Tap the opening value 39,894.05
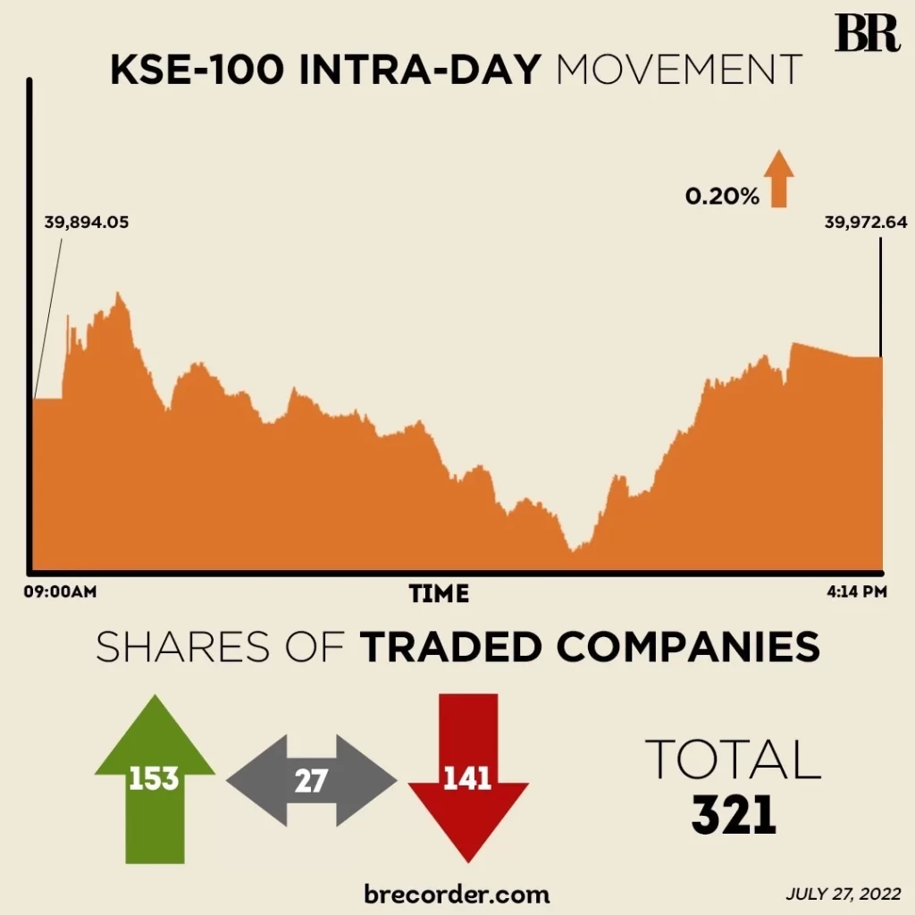[87, 222]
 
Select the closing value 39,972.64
[852, 222]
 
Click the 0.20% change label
[722, 197]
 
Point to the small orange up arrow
[778, 179]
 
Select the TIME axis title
[439, 593]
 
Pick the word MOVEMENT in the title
[679, 71]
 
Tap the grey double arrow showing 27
[311, 781]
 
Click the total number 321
[733, 815]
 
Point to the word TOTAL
[733, 760]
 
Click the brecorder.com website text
[457, 893]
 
